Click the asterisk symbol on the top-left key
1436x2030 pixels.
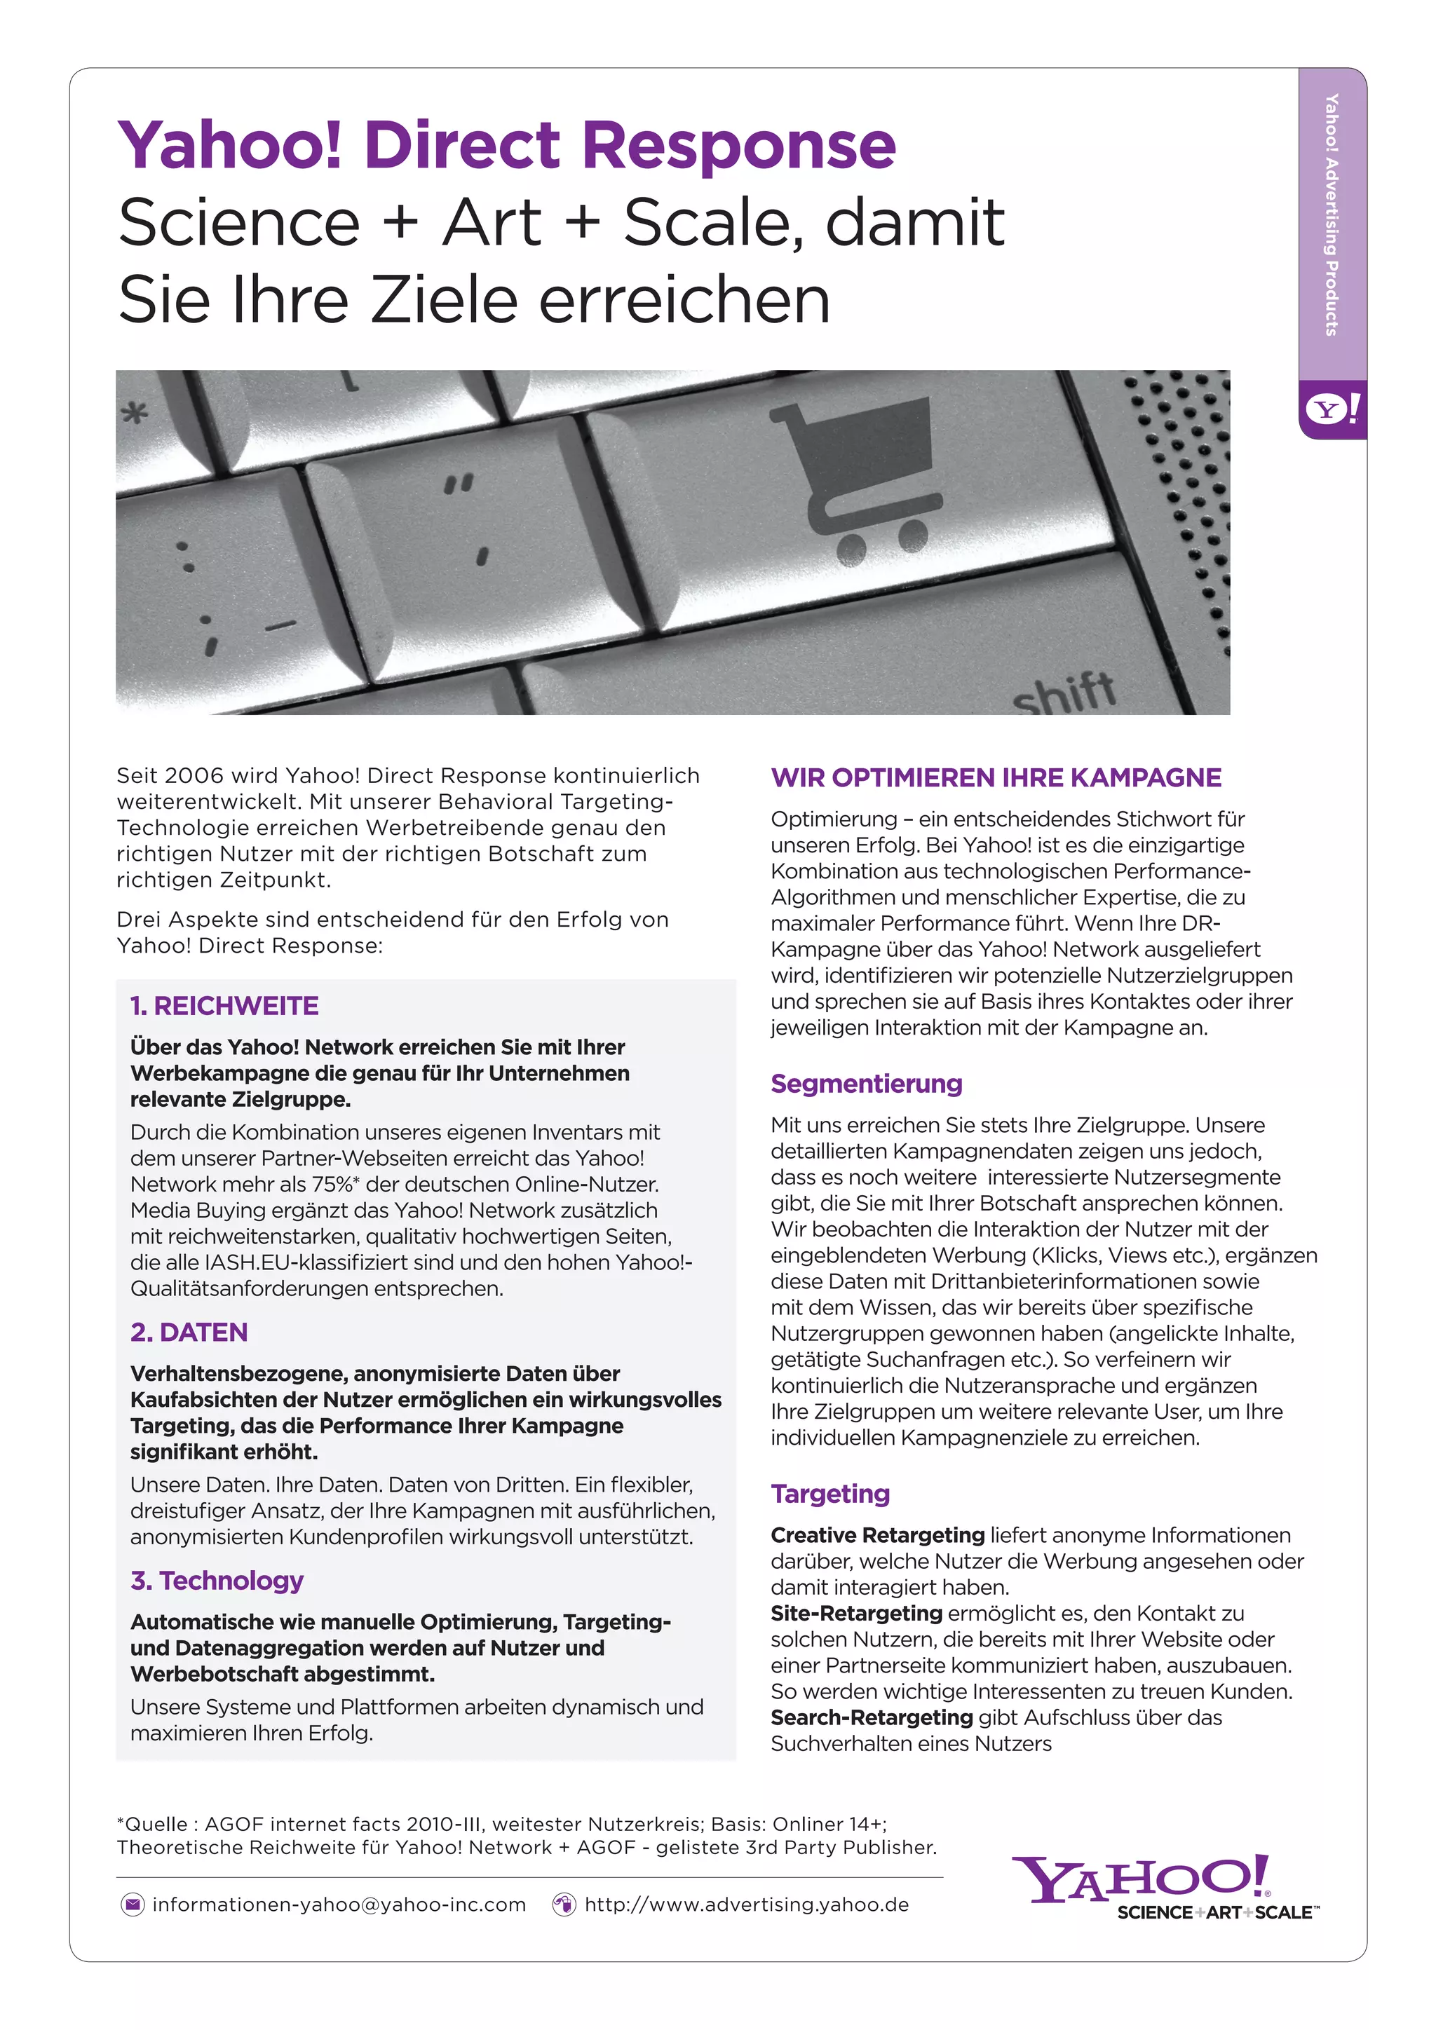click(x=135, y=413)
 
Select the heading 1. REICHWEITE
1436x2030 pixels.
click(x=224, y=1006)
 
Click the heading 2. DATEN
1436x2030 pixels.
click(x=189, y=1333)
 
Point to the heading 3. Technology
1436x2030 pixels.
click(x=217, y=1580)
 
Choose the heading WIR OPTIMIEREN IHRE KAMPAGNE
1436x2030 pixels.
click(x=996, y=778)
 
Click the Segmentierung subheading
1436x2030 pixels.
click(x=866, y=1084)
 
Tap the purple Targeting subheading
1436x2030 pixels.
click(x=829, y=1494)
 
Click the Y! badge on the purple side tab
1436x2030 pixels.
click(x=1332, y=409)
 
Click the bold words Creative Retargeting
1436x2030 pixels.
click(x=877, y=1536)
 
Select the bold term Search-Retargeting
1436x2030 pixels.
click(x=871, y=1718)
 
